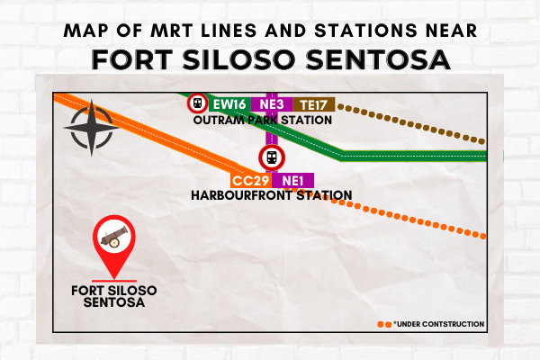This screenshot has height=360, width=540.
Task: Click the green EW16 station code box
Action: coord(229,104)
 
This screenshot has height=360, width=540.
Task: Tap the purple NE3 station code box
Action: coord(272,104)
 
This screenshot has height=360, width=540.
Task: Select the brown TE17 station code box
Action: coord(314,104)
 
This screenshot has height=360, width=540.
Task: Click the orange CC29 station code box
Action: coord(251,181)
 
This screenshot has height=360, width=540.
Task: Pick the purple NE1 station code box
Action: coord(292,181)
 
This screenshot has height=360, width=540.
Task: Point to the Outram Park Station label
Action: coord(263,121)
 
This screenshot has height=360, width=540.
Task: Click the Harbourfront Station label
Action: coord(272,195)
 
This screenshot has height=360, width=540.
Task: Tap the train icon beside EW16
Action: coord(197,103)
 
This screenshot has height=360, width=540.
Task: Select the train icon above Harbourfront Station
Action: coord(272,157)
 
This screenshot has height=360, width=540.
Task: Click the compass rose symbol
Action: coord(92,128)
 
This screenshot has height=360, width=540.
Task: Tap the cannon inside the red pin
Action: coord(114,237)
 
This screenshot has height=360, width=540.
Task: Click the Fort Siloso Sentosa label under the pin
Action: coord(114,296)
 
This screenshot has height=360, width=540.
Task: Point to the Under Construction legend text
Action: coord(439,324)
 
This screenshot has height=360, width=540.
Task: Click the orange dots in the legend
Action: coord(384,325)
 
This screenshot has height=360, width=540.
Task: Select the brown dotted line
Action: coord(411,123)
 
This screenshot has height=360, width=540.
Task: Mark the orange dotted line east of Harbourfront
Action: coord(389,214)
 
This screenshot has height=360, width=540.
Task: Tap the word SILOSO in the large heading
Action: coord(238,59)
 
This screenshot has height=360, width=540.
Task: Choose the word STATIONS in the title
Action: coord(365,31)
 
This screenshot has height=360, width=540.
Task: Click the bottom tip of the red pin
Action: coord(114,279)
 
